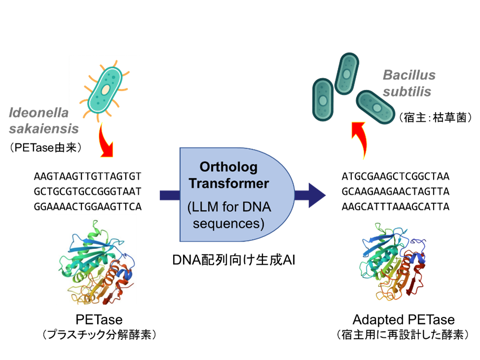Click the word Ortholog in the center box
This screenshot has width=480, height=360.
[229, 167]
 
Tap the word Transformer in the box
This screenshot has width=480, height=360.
[229, 183]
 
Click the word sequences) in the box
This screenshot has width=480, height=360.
[229, 223]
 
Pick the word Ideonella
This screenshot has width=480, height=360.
[38, 113]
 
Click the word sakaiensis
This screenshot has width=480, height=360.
[44, 129]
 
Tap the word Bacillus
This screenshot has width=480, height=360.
[409, 76]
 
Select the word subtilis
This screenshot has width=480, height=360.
[407, 92]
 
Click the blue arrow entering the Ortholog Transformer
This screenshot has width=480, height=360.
[169, 195]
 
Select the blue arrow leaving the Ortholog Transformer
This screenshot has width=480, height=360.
[311, 195]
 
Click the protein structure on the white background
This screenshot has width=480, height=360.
[96, 259]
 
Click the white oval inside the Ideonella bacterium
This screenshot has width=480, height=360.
[106, 89]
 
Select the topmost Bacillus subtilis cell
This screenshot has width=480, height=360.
[346, 74]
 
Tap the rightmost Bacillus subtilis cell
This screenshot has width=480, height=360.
[376, 107]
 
